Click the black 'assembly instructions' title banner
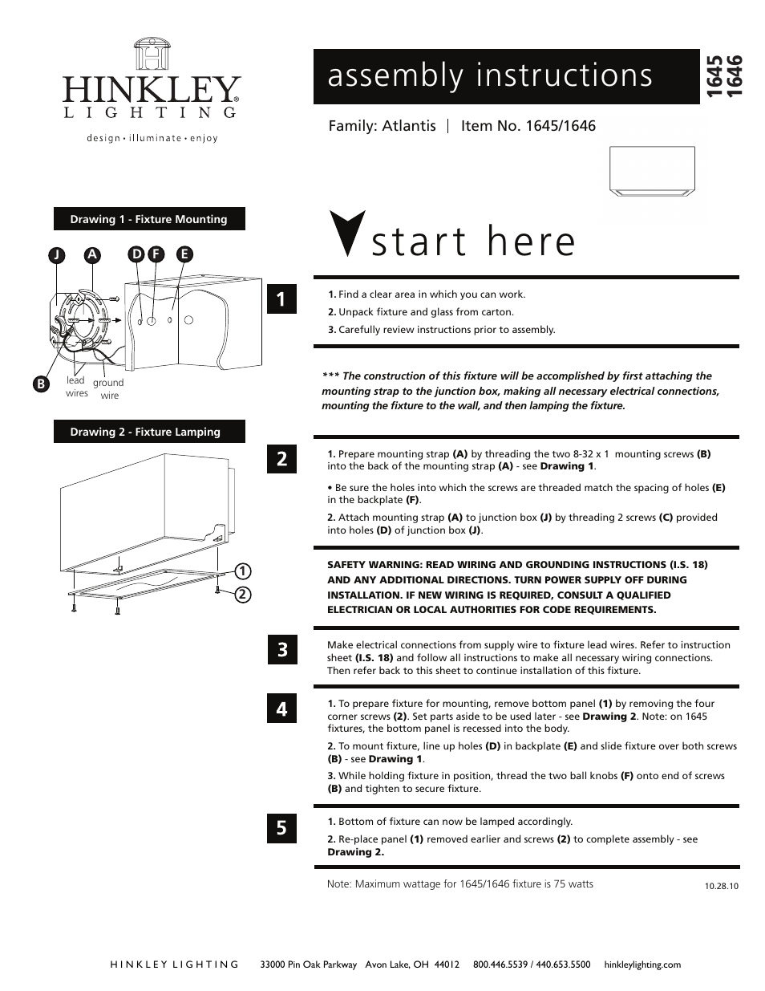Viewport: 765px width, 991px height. click(506, 76)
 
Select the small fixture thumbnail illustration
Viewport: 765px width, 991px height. click(652, 171)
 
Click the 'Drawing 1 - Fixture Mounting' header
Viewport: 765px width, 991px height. click(148, 219)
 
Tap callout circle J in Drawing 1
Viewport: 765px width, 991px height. click(56, 255)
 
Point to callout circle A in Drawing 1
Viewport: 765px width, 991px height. click(93, 254)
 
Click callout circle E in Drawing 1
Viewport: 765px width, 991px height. click(184, 254)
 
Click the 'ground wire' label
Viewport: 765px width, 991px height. click(108, 389)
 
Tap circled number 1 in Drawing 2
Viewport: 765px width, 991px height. click(239, 571)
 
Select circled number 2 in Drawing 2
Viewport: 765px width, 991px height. click(239, 595)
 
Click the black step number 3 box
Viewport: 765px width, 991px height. click(281, 649)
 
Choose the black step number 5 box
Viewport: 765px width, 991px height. click(281, 827)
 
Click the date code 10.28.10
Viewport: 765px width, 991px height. click(721, 887)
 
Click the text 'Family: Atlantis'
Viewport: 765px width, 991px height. click(382, 126)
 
